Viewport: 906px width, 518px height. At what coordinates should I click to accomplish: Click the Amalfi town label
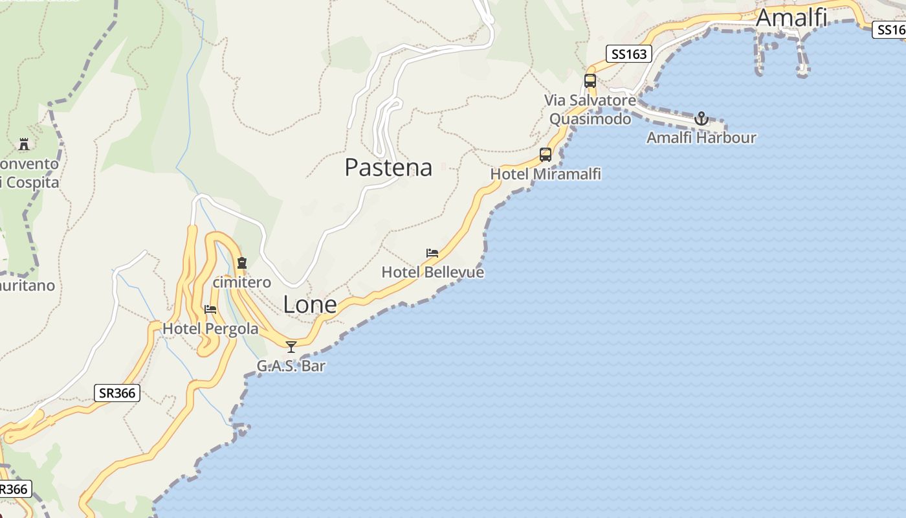coord(791,17)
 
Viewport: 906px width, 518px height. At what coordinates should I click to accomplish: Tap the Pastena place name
coord(388,167)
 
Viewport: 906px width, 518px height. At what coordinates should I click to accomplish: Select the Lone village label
coord(310,304)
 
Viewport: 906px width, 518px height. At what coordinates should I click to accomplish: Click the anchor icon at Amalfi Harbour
coord(702,119)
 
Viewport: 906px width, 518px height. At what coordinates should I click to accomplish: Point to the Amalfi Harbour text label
coord(702,137)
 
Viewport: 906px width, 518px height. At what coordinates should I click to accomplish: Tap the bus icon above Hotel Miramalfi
coord(546,155)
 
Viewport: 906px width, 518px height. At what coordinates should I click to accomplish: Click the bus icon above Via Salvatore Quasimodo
coord(590,81)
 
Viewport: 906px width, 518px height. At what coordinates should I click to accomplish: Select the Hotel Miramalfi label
coord(546,174)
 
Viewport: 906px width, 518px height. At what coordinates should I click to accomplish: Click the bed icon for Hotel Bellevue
coord(432,253)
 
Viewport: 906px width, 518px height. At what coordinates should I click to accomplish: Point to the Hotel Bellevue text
coord(433,272)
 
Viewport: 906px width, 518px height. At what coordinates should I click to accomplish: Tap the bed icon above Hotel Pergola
coord(210,309)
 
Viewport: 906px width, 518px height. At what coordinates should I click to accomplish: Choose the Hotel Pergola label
coord(210,328)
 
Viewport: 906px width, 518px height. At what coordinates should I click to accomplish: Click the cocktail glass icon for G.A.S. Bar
coord(291,347)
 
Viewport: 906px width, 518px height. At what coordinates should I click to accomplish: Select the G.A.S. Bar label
coord(291,366)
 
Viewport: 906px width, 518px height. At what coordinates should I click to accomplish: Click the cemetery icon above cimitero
coord(242,263)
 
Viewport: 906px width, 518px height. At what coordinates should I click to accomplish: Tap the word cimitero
coord(242,282)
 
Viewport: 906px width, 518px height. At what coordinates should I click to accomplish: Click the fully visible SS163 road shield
coord(629,54)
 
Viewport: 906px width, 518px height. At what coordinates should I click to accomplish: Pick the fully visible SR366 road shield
coord(117,393)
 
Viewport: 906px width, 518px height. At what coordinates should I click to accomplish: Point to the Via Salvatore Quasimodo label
coord(590,109)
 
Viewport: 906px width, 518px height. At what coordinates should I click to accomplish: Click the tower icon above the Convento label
coord(24,143)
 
